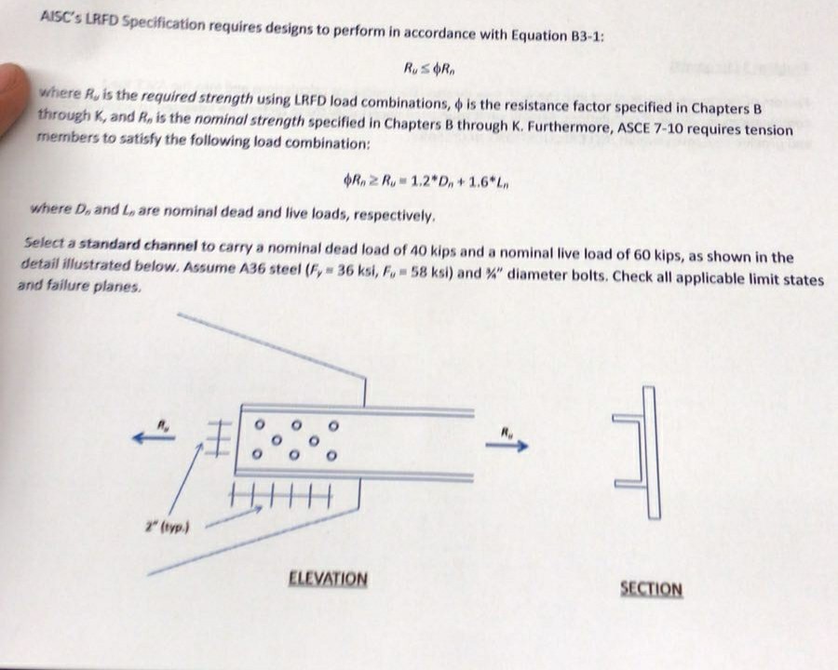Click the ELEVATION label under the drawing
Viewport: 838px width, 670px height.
328,579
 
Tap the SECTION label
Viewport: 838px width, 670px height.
651,589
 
